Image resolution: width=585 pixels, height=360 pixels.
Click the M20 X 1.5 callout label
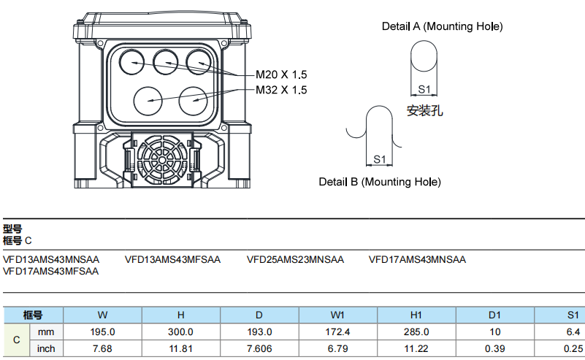(281, 75)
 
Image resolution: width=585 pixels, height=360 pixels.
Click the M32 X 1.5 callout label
(281, 91)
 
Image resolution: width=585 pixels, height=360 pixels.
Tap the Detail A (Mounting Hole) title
(442, 26)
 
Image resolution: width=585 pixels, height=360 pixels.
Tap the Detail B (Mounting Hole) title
(380, 182)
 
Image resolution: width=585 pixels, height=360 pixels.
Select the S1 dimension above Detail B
(379, 158)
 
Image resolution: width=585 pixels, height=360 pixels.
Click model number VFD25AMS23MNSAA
(295, 259)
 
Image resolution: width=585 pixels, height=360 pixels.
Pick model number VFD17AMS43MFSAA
(50, 271)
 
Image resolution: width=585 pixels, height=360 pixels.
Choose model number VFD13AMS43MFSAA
(172, 259)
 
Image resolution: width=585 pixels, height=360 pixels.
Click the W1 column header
(337, 315)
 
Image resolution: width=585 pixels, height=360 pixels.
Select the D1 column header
(494, 315)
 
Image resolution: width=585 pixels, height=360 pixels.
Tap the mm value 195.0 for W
(103, 332)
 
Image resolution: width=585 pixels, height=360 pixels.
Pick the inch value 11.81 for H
(180, 349)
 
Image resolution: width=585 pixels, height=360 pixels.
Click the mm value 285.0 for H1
(416, 332)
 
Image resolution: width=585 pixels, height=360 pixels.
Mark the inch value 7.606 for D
(259, 349)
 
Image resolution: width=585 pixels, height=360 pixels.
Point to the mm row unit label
(46, 332)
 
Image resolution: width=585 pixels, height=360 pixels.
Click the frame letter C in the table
(17, 340)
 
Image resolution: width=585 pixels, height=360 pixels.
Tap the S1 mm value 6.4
(572, 332)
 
